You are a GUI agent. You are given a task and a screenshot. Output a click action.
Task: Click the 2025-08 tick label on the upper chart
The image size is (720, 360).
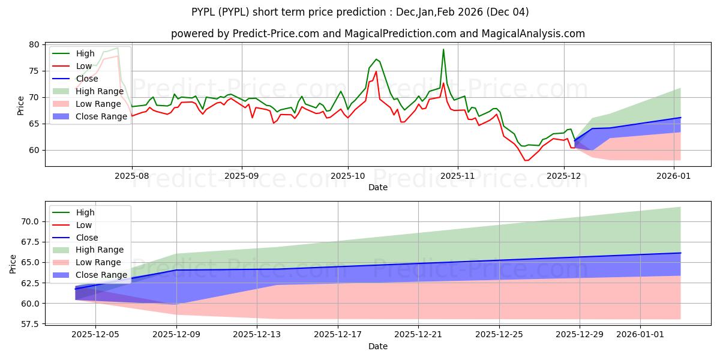click(x=132, y=177)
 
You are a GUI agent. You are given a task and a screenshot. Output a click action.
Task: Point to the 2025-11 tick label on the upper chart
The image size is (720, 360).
click(x=458, y=177)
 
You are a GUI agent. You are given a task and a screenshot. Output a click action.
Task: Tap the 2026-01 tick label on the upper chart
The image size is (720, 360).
click(x=674, y=177)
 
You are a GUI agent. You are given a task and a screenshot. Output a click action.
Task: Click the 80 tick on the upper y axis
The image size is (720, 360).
click(x=34, y=44)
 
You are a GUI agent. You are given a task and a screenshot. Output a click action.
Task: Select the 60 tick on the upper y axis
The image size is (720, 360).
click(x=34, y=150)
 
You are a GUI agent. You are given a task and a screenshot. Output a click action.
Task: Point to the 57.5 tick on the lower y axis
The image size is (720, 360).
click(x=31, y=324)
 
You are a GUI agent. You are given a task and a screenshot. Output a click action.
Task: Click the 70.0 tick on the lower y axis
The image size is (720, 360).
click(x=31, y=221)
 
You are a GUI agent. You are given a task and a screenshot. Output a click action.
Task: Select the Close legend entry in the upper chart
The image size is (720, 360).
click(x=87, y=79)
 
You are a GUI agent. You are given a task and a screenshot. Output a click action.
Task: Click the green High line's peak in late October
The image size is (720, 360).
click(x=443, y=49)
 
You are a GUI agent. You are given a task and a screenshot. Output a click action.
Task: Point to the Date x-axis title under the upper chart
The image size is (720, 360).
click(x=378, y=187)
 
